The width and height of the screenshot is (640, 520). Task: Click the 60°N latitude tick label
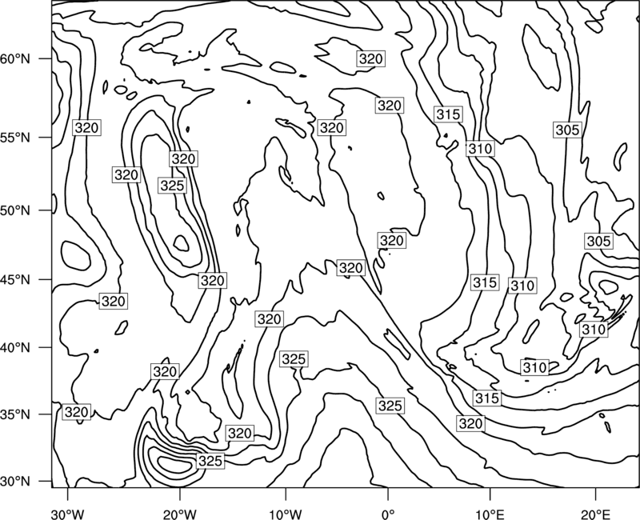15,59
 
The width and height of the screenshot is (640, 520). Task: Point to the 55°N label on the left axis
15,138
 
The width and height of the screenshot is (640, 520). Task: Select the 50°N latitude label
15,211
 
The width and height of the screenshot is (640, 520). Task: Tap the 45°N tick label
15,280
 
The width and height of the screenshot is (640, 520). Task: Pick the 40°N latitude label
15,348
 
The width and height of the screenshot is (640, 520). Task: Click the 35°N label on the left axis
15,414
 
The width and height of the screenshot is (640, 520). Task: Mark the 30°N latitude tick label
15,482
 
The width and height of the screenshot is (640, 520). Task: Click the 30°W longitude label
67,514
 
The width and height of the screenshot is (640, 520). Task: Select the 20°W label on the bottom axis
179,514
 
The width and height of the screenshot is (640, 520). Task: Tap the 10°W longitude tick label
286,514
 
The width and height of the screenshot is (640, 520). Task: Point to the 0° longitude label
388,514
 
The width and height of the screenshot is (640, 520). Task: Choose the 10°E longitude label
490,514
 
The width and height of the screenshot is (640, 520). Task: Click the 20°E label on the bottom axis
595,514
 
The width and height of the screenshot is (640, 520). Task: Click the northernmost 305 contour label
567,130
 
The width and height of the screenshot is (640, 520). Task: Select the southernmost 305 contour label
598,242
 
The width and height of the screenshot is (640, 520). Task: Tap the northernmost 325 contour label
172,186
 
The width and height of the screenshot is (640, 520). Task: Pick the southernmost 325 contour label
210,461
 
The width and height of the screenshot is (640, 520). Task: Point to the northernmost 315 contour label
448,114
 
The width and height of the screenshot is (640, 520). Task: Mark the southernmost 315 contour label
487,398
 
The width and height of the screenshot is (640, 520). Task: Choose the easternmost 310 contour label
594,329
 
